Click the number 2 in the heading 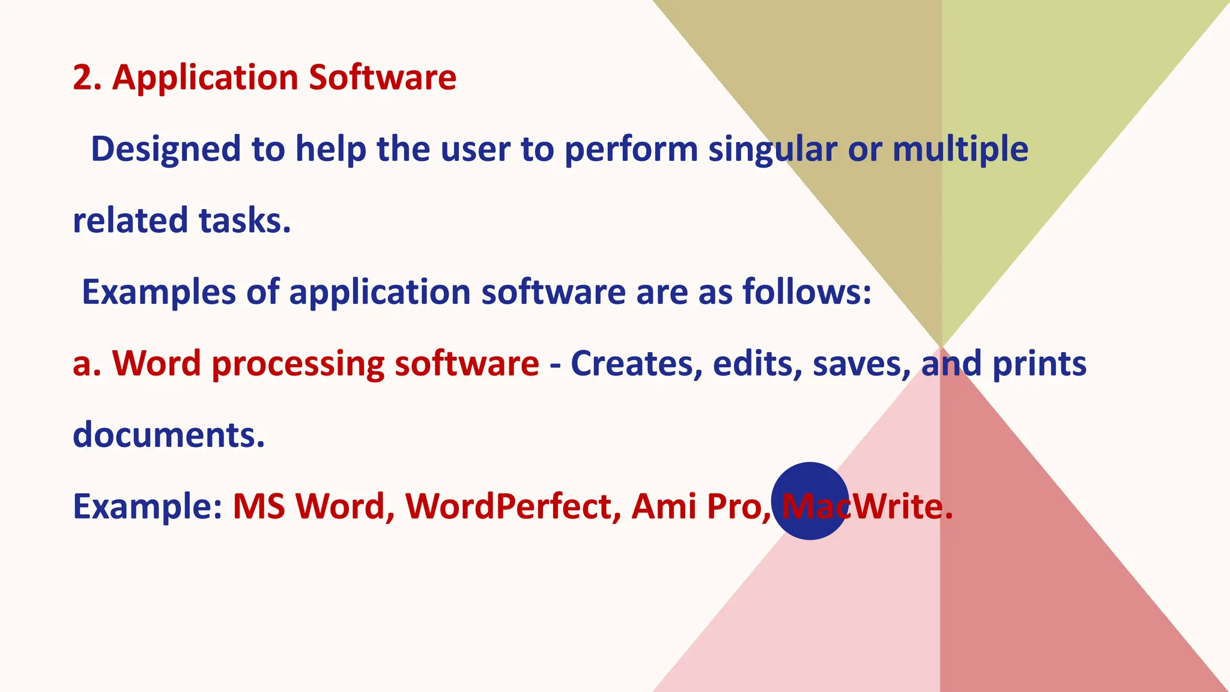point(82,77)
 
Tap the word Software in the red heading point(383,77)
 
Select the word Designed point(165,149)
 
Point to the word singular point(772,149)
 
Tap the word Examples point(159,292)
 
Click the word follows point(806,292)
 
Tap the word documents point(168,435)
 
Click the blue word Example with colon point(148,506)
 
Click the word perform point(631,149)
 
